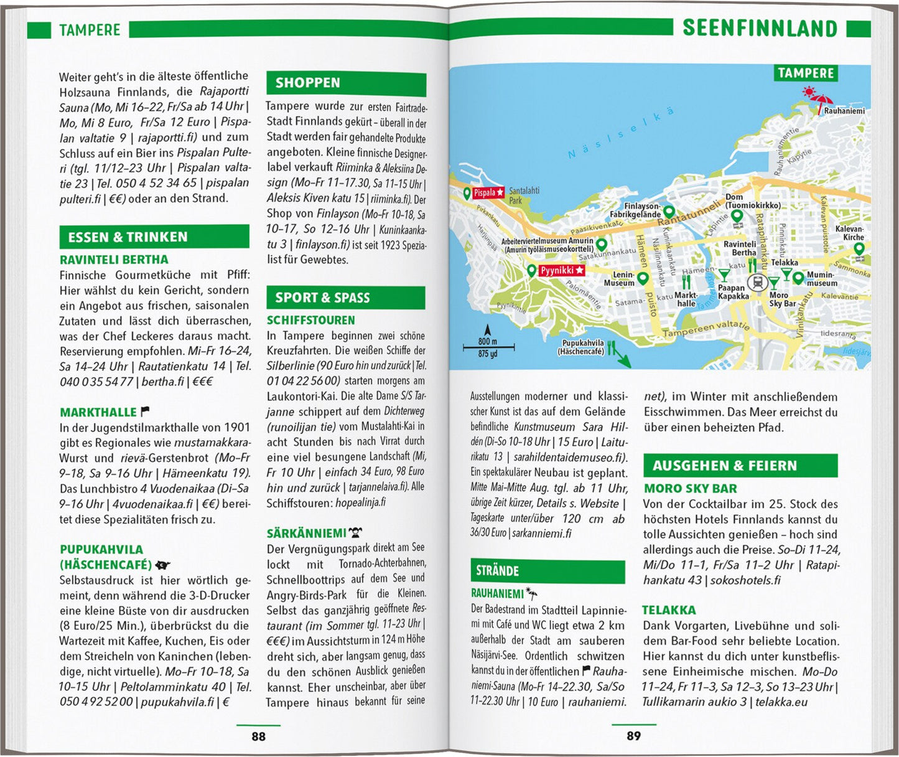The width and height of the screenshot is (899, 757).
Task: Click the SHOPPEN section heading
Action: pos(308,83)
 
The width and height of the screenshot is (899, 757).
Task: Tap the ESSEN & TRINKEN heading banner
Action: pos(128,237)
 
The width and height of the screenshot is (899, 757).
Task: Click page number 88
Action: pos(258,736)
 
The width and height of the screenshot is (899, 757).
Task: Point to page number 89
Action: pos(633,736)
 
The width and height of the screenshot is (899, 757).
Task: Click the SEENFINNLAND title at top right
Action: pos(760,29)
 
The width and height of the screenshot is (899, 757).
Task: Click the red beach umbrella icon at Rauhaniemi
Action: pos(824,100)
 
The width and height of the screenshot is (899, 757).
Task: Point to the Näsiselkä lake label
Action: pos(620,135)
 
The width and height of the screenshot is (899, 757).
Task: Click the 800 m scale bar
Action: pos(488,346)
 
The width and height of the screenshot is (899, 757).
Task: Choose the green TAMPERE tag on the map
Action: pos(806,73)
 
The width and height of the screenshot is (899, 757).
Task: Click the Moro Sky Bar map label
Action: pos(781,299)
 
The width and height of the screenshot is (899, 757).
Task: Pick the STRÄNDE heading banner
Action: pos(498,571)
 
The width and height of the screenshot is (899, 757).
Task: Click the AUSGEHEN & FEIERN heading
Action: pos(724,466)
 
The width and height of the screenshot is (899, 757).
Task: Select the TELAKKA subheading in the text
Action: pos(669,610)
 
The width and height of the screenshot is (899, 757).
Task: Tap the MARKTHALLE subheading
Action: pos(98,412)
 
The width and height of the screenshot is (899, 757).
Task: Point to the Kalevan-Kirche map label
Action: pos(849,233)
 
